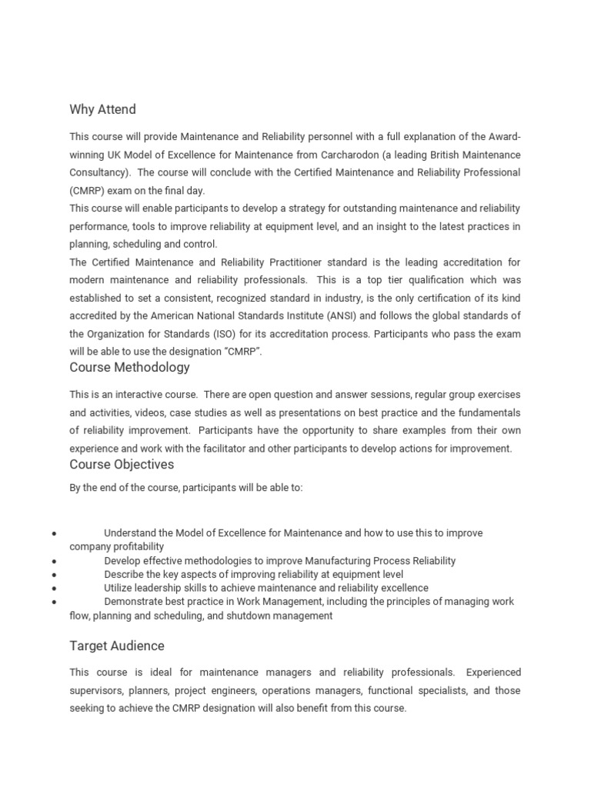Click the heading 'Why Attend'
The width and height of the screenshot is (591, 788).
pos(102,109)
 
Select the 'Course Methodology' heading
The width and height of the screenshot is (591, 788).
pos(129,367)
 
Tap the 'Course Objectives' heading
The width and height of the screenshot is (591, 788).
pos(122,464)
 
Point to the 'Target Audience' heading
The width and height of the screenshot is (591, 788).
pos(117,646)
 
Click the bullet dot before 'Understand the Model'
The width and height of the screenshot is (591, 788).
pos(53,533)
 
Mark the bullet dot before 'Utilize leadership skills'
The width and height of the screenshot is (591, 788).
pos(53,589)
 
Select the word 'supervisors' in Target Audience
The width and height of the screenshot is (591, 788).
pos(96,690)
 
